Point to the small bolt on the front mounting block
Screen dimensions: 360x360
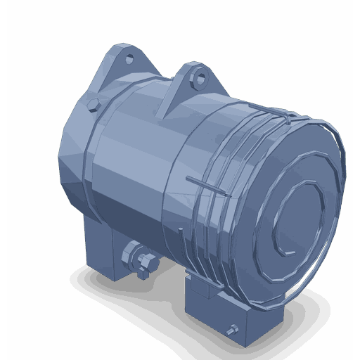click(233, 328)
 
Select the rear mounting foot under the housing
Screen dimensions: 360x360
click(102, 246)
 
